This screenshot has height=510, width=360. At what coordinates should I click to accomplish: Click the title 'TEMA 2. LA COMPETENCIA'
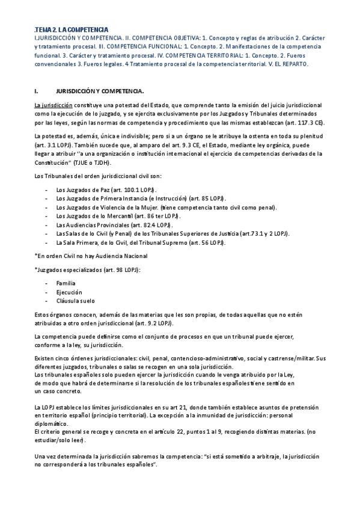pos(72,29)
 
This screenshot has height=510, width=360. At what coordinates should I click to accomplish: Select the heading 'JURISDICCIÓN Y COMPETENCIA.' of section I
pos(100,91)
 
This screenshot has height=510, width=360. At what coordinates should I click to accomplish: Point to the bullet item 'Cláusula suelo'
pos(75,300)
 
